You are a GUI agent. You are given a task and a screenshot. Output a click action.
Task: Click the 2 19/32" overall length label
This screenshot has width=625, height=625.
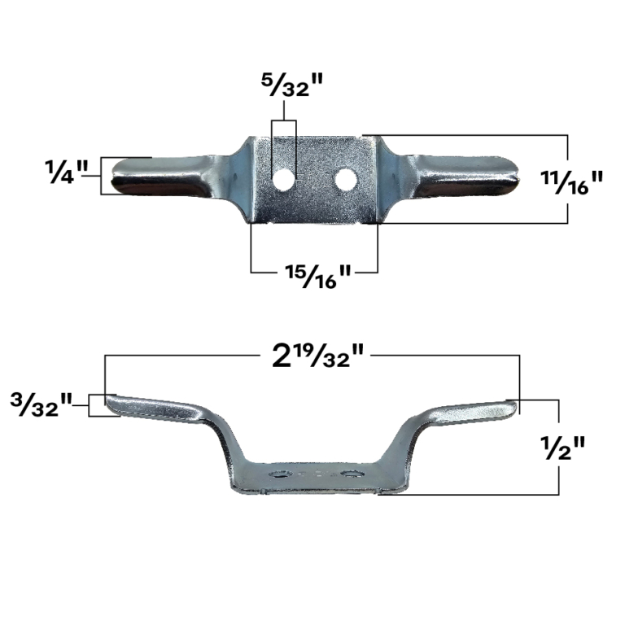tap(317, 358)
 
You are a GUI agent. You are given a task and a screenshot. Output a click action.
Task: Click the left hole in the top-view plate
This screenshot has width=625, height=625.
tap(283, 178)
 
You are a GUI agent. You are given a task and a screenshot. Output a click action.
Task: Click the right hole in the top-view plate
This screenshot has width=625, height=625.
tap(346, 177)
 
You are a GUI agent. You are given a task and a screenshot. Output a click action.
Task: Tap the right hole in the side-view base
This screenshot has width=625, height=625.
tap(352, 474)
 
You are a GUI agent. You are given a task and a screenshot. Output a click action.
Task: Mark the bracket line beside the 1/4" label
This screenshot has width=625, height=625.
tap(102, 175)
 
